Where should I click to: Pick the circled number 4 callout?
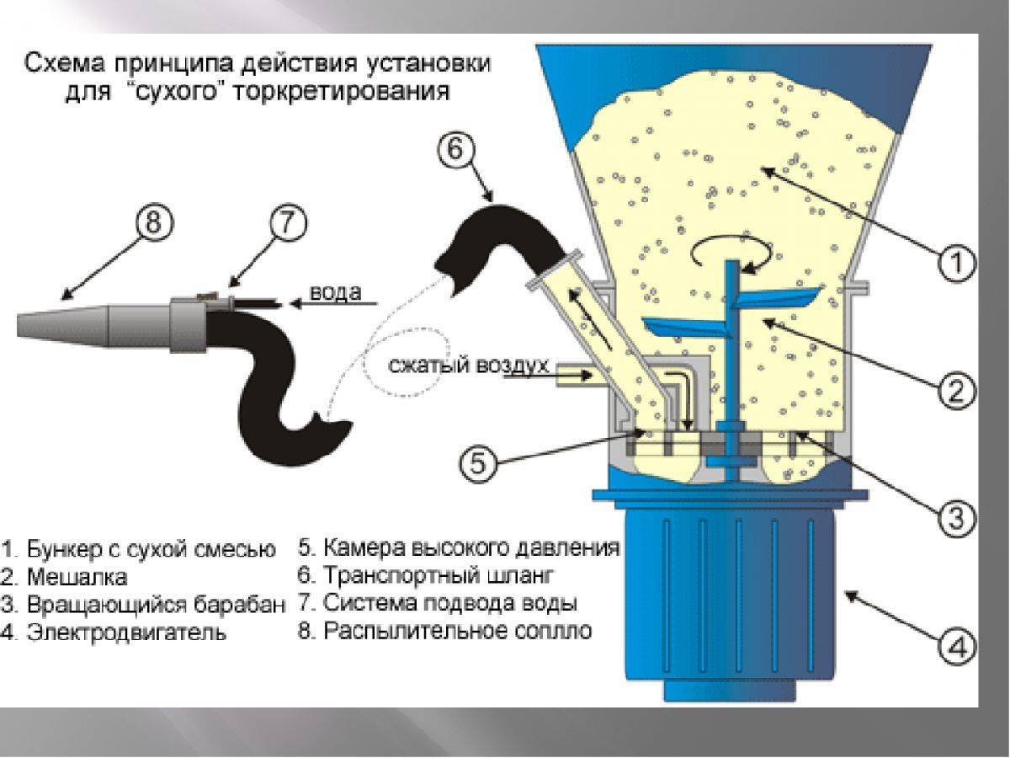coord(955,648)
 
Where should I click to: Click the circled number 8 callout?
coord(157,226)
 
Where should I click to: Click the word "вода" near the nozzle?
coord(336,293)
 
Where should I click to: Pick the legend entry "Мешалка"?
coord(76,578)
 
